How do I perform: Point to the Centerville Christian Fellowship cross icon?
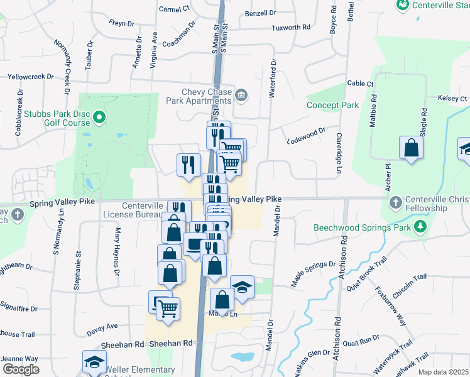[x=396, y=202]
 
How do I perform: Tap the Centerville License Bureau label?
[x=133, y=210]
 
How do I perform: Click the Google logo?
[x=20, y=369]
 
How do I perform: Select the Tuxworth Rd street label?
[x=291, y=28]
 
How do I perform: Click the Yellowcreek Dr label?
[x=30, y=77]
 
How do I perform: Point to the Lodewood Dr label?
[x=306, y=135]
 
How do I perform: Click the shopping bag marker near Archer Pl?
[x=411, y=149]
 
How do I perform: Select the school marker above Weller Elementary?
[x=94, y=362]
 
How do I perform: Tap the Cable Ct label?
[x=361, y=84]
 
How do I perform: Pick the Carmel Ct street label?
[x=174, y=9]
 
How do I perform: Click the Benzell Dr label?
[x=260, y=13]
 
